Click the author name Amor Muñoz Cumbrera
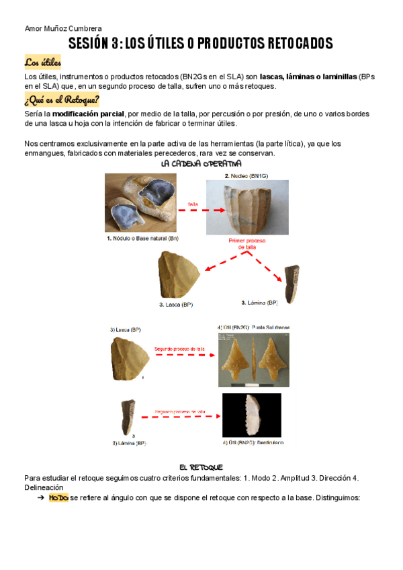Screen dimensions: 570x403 [x=62, y=28]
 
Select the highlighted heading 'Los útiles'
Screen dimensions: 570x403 [x=42, y=63]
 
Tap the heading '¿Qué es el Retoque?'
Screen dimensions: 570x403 [x=62, y=101]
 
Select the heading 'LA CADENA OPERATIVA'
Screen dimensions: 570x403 [x=201, y=164]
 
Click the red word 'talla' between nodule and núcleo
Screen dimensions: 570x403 [x=192, y=204]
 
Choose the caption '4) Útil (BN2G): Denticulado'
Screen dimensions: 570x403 [x=252, y=443]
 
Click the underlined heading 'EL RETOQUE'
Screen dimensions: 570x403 [x=201, y=466]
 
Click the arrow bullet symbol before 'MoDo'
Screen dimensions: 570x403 [x=41, y=498]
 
